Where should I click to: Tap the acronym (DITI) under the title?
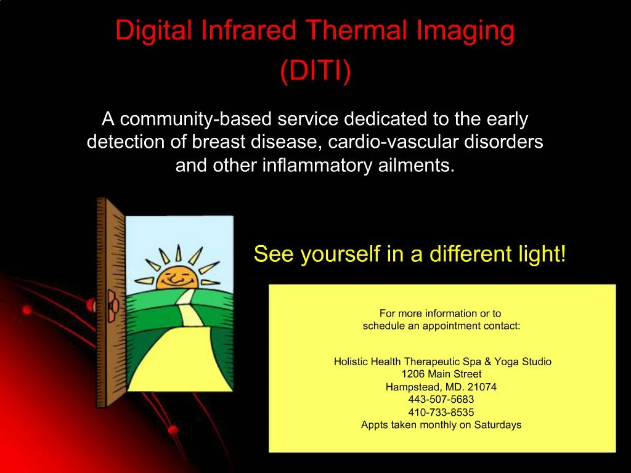[x=315, y=71]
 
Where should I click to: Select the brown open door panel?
[x=110, y=302]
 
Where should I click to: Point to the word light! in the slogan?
[x=542, y=254]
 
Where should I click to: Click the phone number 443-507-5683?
[x=441, y=399]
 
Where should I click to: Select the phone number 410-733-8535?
[x=441, y=412]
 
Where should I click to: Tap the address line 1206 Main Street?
[x=441, y=374]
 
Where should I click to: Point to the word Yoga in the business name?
[x=507, y=362]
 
